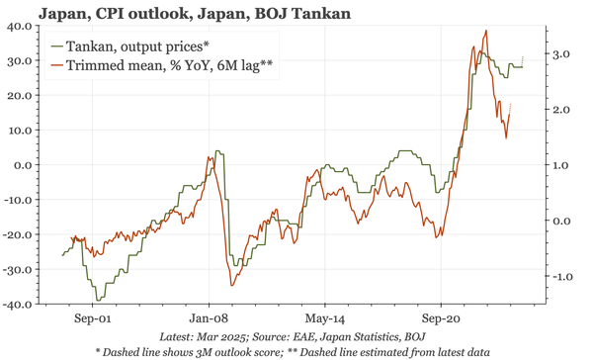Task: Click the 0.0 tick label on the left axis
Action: [x=24, y=164]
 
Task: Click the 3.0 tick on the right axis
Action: [x=558, y=53]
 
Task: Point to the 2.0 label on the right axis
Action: [x=558, y=109]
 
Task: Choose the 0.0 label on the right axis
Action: [x=558, y=221]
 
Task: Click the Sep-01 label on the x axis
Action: [x=92, y=319]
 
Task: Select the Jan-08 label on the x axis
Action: [x=209, y=319]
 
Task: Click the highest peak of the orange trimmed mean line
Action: [x=484, y=31]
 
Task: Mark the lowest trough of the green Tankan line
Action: [x=97, y=300]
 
